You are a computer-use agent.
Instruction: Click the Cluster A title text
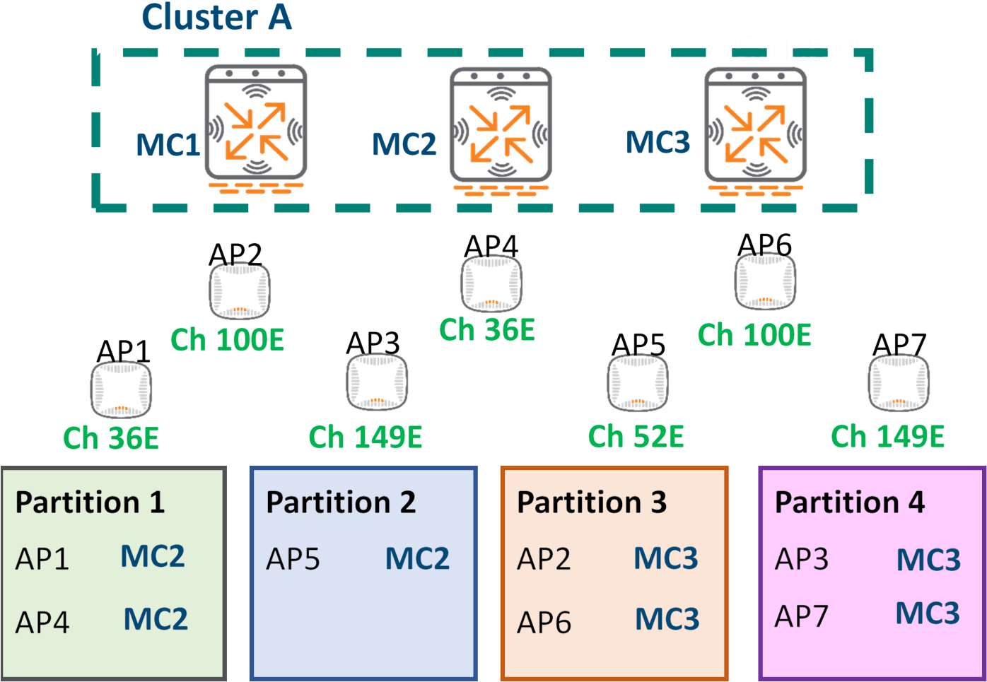216,17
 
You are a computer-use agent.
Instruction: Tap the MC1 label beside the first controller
168,145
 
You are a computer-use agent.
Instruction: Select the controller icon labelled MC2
501,126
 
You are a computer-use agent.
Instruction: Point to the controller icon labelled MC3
755,126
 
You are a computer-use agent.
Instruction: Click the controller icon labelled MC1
255,123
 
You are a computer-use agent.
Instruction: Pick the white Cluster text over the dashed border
795,47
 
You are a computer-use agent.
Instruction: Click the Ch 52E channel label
636,437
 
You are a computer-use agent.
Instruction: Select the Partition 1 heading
90,502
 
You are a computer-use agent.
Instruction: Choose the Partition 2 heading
341,502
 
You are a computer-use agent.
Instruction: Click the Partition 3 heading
592,502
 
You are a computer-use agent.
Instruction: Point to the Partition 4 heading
850,502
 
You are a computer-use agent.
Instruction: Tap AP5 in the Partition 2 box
293,559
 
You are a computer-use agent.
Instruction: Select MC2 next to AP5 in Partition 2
417,559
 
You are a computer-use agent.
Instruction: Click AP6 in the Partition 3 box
544,623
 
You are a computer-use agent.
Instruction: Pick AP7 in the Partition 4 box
801,616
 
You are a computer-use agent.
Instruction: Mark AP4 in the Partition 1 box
42,623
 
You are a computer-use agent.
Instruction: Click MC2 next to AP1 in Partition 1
153,557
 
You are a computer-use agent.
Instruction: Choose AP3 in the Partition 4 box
801,559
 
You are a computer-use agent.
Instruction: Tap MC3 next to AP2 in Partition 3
665,559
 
